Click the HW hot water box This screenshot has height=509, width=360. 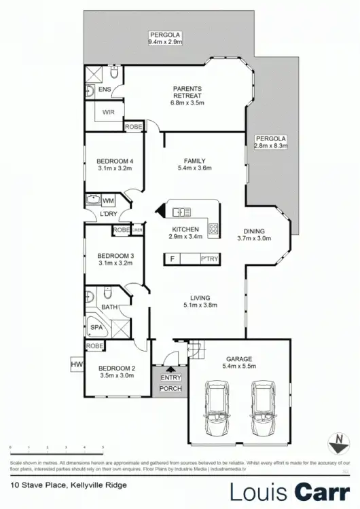[75, 364]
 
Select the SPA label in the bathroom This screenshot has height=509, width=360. [96, 327]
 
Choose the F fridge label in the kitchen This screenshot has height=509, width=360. [173, 259]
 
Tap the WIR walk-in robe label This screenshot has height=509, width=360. [109, 113]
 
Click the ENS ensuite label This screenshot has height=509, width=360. [104, 90]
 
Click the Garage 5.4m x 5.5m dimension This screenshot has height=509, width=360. [239, 366]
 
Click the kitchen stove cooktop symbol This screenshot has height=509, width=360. [213, 230]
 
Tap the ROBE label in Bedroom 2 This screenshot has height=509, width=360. [94, 346]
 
